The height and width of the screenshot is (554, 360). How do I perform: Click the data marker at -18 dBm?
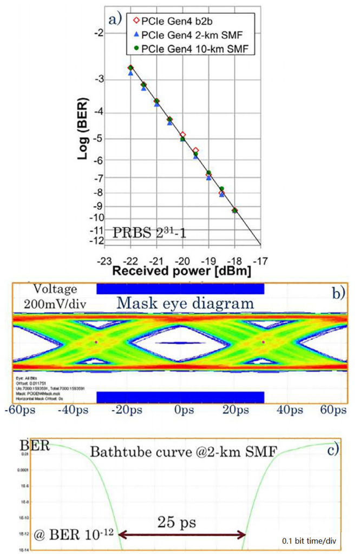[x=235, y=210]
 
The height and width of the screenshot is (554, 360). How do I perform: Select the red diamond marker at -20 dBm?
[x=183, y=135]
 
